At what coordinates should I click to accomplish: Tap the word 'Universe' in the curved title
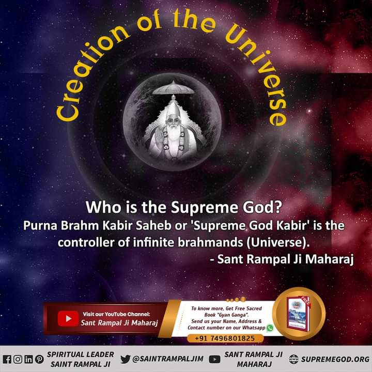263,78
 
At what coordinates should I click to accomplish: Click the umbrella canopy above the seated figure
173,88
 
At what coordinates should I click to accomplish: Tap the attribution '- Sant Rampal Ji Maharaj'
282,259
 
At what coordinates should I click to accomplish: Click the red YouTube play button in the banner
68,318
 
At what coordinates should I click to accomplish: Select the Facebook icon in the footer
7,359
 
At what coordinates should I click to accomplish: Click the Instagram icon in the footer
18,359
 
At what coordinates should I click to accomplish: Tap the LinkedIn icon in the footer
28,359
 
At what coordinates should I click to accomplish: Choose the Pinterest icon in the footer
39,359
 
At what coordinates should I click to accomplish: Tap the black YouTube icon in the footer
214,359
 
